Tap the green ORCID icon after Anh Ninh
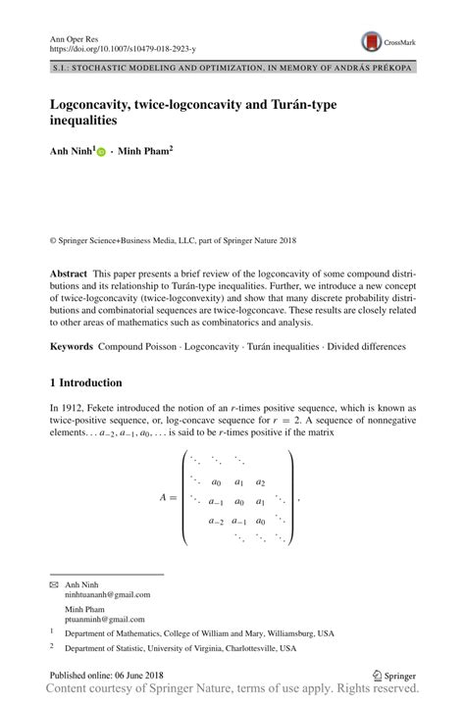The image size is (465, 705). [102, 153]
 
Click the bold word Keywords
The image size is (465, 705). [72, 346]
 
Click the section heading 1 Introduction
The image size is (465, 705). [85, 382]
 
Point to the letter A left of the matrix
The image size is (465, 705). [163, 498]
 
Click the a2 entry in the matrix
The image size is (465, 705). [260, 482]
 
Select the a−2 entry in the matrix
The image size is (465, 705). [216, 522]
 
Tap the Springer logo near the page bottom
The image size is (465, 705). [395, 676]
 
